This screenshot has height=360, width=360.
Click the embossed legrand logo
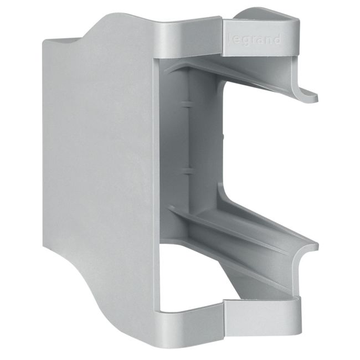coord(254,39)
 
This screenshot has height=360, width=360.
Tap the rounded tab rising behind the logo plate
coord(266,15)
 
